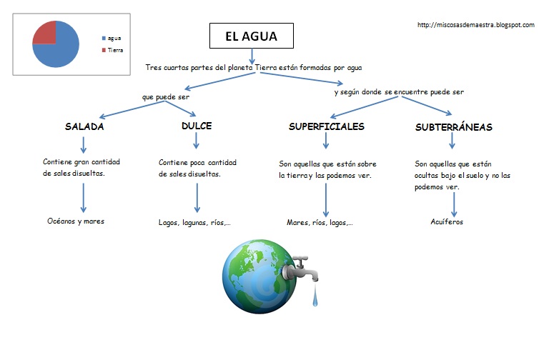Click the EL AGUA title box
[x=252, y=34]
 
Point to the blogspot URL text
[x=475, y=25]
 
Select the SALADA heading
[x=84, y=126]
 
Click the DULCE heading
[x=197, y=126]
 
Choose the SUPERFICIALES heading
[x=326, y=126]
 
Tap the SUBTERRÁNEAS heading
[x=453, y=127]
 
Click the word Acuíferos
[x=448, y=221]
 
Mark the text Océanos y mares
[x=75, y=221]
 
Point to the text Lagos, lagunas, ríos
[x=194, y=222]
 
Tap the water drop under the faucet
[x=314, y=299]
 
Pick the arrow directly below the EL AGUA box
[x=252, y=55]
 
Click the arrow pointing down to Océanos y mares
[x=84, y=197]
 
